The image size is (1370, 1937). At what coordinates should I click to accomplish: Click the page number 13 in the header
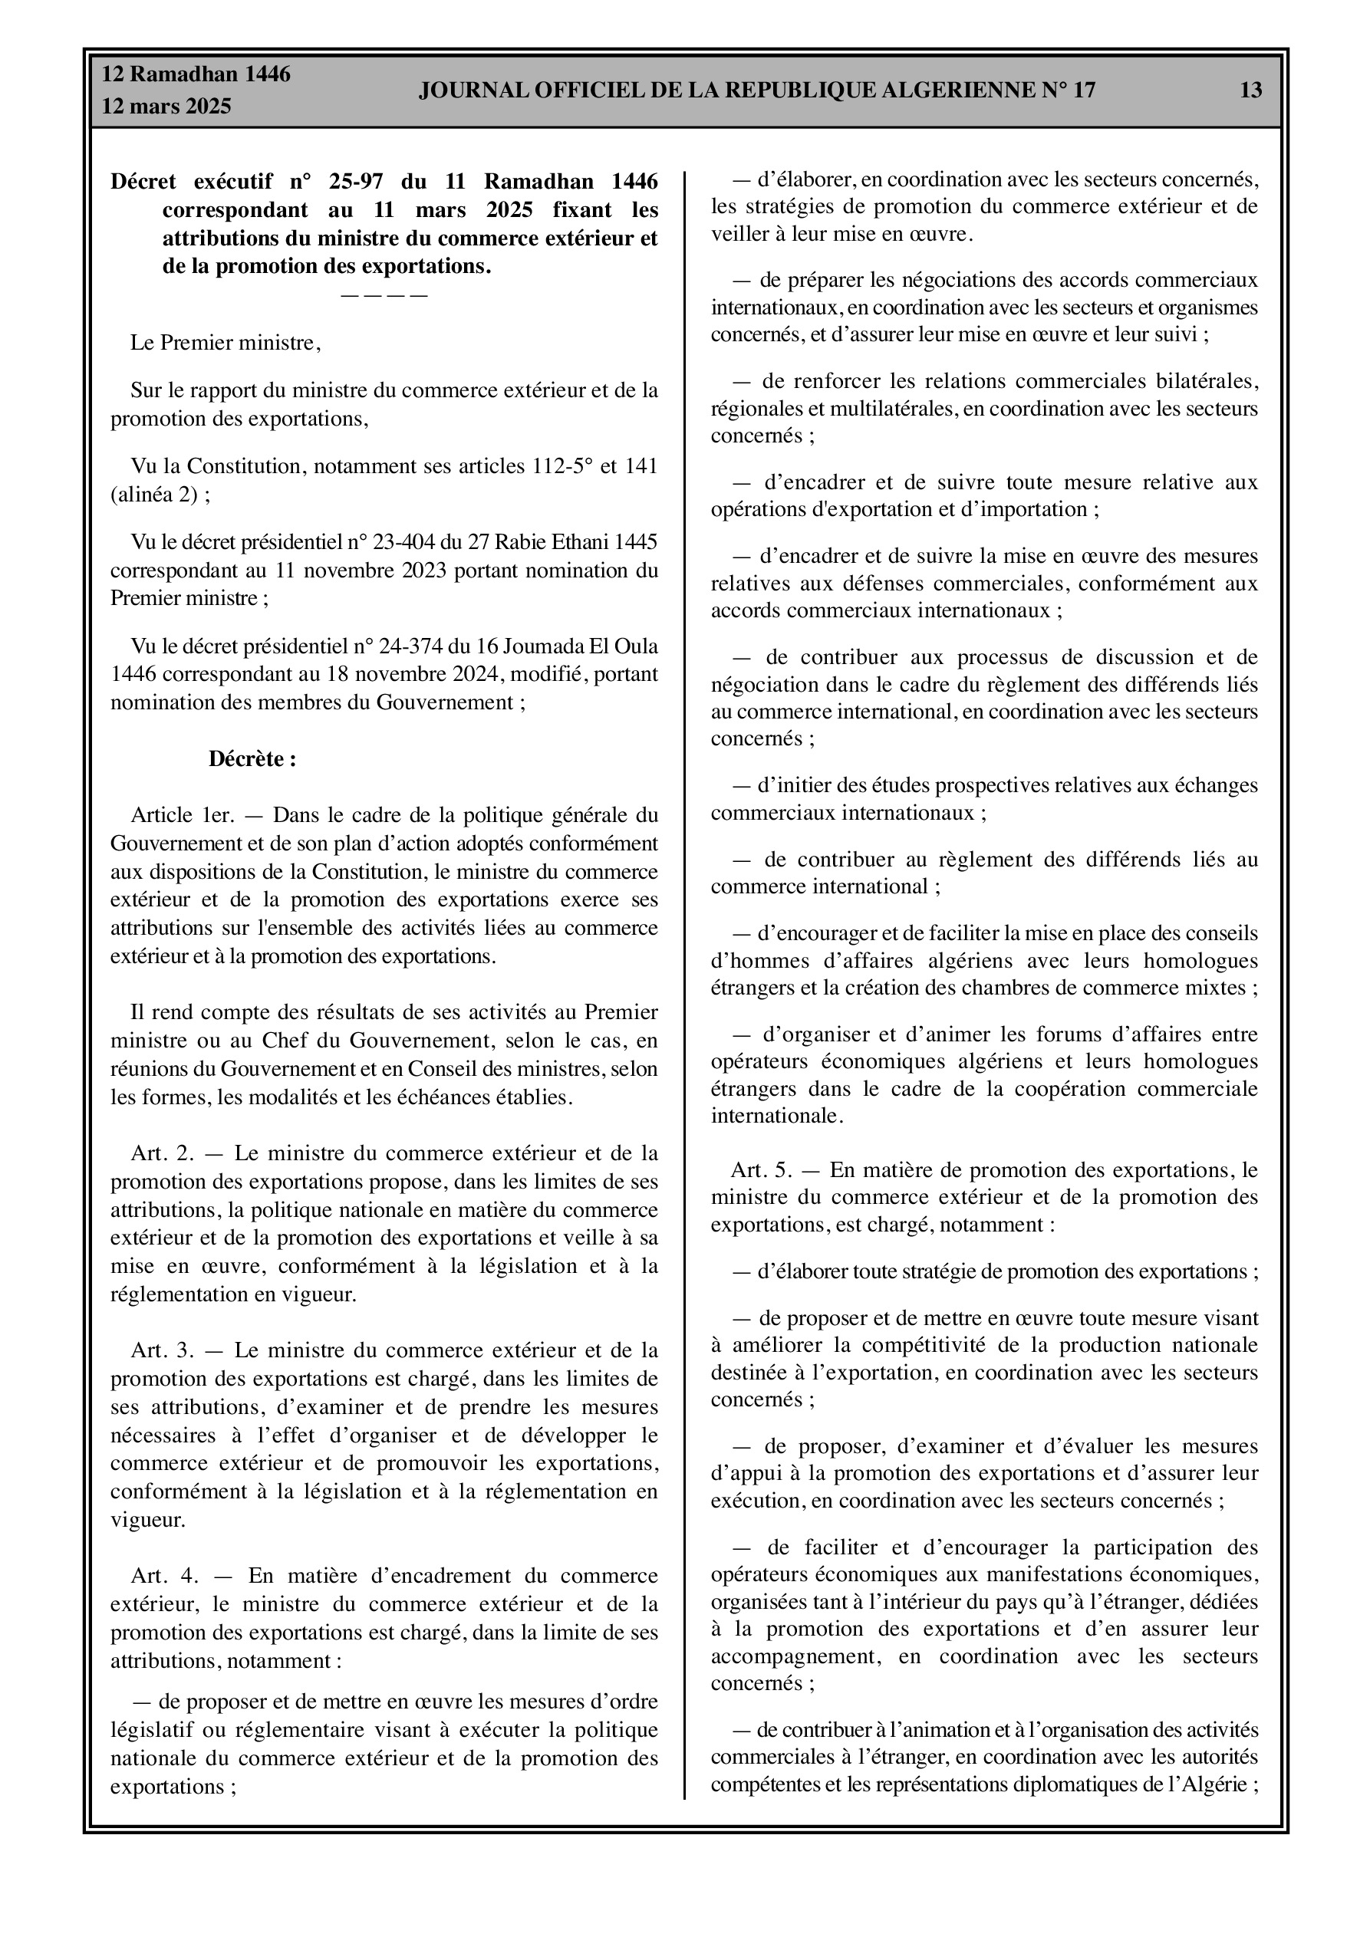pos(1251,90)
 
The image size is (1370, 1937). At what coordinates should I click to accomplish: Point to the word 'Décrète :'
pos(252,759)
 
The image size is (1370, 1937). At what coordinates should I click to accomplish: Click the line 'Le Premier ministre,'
pos(226,344)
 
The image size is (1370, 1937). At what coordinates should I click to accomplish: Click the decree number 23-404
pos(413,541)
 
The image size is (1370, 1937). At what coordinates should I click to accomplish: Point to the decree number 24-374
pos(413,646)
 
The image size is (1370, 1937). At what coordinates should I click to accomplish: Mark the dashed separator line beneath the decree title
pos(384,295)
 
